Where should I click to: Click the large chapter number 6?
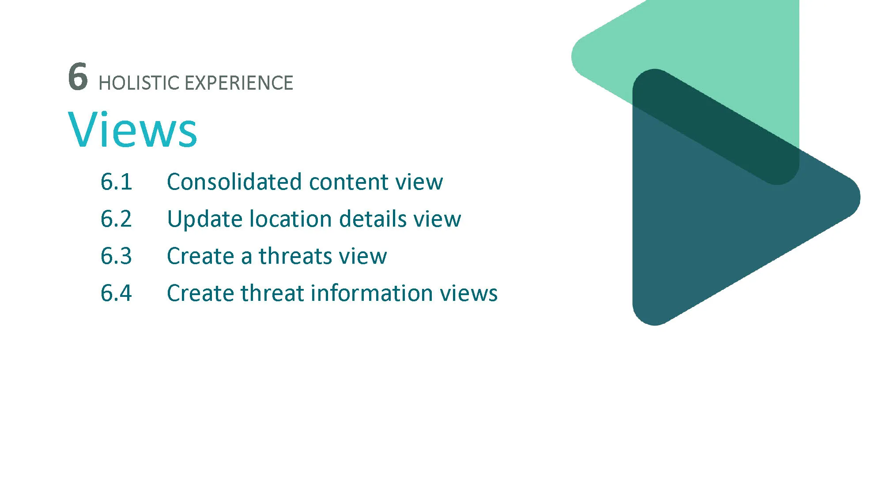[78, 76]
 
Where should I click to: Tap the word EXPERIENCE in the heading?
[239, 83]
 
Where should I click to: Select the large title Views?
[132, 129]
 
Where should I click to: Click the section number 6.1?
[117, 182]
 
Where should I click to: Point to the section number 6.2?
[117, 219]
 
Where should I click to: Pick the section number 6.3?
[117, 256]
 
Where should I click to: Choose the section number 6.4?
[117, 293]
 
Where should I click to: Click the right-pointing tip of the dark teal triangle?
[859, 197]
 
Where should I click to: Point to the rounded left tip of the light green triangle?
[573, 57]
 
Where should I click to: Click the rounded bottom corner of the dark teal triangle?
[653, 324]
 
